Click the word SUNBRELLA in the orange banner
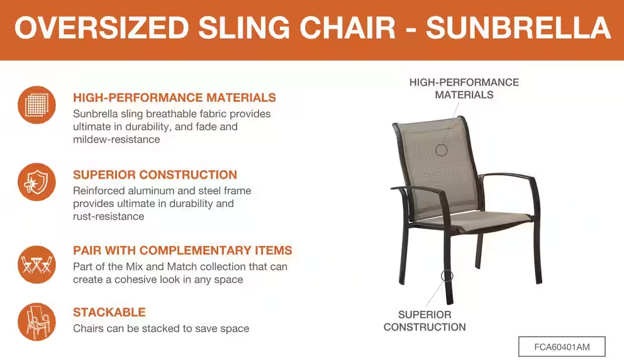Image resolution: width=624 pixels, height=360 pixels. (518, 28)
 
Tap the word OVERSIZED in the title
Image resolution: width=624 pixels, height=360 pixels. (101, 28)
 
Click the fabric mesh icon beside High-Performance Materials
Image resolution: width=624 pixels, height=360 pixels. (36, 105)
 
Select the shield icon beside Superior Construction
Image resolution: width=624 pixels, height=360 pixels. (36, 182)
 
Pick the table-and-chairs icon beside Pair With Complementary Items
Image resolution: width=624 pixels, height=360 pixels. (36, 264)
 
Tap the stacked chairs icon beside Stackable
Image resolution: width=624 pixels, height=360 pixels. (36, 322)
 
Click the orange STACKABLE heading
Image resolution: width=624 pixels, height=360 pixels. (109, 312)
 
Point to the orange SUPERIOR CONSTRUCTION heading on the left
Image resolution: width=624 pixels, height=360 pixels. (155, 175)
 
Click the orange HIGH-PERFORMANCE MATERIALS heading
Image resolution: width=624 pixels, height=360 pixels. (174, 98)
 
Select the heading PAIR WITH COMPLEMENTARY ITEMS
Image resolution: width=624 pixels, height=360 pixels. (182, 250)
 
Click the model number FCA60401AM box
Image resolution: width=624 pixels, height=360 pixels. (562, 347)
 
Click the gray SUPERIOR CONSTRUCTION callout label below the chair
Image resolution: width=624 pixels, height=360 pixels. (425, 321)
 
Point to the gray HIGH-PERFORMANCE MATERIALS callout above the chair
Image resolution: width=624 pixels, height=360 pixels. (464, 88)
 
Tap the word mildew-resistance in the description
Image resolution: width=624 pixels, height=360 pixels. (116, 139)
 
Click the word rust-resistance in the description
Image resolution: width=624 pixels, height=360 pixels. (108, 217)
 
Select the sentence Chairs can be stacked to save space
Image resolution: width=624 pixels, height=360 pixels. (161, 329)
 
